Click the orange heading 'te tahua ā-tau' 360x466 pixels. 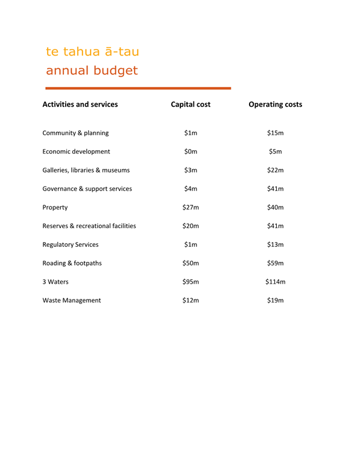[x=92, y=51]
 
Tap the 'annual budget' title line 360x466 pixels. [x=92, y=71]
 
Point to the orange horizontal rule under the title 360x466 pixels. [x=138, y=88]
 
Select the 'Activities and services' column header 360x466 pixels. [x=80, y=104]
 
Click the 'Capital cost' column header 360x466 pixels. [x=191, y=104]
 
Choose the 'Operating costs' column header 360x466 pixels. [x=276, y=104]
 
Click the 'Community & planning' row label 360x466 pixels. [x=75, y=133]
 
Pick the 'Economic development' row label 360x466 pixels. [x=76, y=152]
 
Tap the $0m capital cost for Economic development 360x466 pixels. [x=191, y=152]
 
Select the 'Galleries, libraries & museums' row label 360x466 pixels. [x=86, y=170]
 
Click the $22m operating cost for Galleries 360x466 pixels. [x=276, y=170]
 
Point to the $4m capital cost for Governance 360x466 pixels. [x=191, y=189]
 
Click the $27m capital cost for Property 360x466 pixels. [x=191, y=207]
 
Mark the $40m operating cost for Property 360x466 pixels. [x=276, y=207]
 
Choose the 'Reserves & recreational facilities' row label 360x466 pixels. [x=89, y=226]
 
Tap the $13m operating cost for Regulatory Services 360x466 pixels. [x=276, y=244]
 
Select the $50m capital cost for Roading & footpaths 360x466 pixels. [x=191, y=263]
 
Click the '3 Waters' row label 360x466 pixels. [x=55, y=282]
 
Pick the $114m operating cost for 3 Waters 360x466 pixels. [x=276, y=282]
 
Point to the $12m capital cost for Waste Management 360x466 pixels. [x=191, y=300]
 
